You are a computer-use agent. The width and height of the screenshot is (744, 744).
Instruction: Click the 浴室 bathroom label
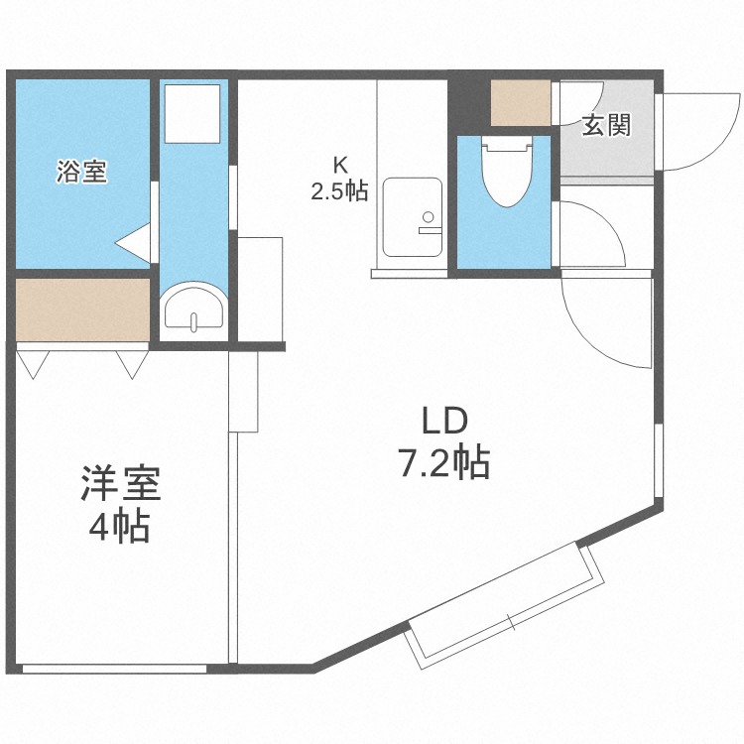(x=81, y=172)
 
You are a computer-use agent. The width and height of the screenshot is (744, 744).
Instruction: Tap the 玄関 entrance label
(x=606, y=125)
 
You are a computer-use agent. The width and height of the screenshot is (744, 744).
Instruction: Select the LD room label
(x=444, y=422)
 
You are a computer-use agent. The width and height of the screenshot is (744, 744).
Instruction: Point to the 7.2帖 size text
(x=443, y=462)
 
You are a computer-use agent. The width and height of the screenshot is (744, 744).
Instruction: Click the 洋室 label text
(x=121, y=483)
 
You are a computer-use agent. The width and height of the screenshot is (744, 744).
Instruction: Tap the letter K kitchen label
(x=340, y=166)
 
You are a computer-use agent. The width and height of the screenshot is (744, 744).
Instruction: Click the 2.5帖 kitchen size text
(x=339, y=191)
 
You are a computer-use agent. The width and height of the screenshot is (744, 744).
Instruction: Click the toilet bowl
(x=507, y=171)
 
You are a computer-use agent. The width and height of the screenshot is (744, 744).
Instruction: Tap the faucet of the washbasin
(x=193, y=321)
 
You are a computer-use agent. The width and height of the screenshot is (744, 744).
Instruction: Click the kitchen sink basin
(x=413, y=217)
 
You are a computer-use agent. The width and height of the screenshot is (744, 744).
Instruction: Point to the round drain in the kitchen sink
(x=429, y=217)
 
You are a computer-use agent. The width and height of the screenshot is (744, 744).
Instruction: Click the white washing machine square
(x=192, y=114)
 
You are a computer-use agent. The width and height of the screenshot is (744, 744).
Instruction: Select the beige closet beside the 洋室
(x=83, y=310)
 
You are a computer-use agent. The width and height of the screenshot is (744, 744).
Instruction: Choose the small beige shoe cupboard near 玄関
(x=521, y=103)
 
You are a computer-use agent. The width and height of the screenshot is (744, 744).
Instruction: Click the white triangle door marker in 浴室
(x=133, y=243)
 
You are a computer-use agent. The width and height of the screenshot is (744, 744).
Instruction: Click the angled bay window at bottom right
(x=504, y=604)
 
